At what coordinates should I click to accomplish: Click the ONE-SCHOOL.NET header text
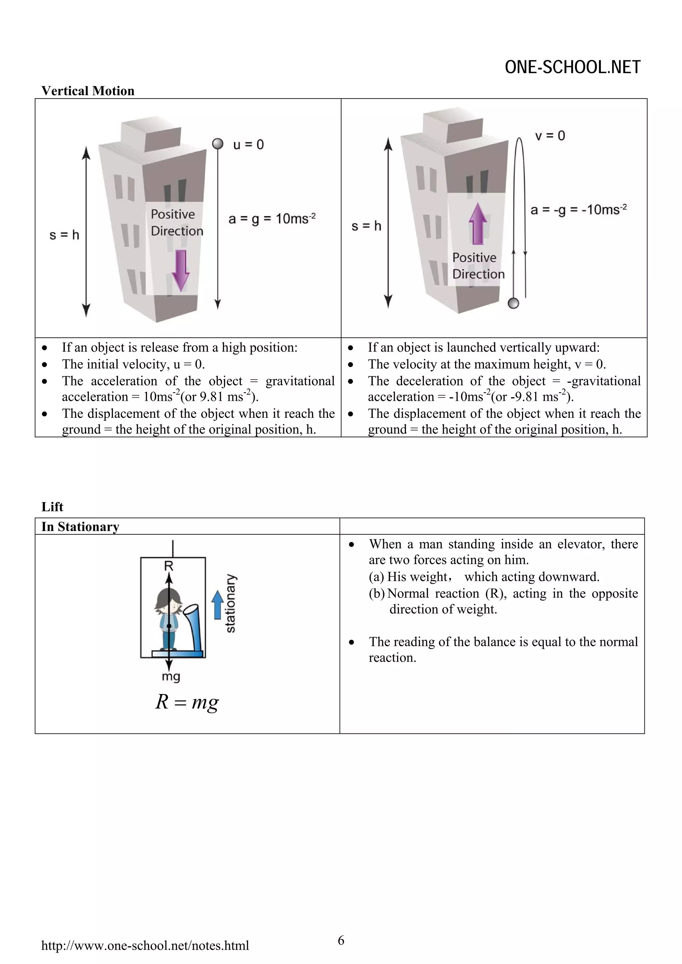pos(572,67)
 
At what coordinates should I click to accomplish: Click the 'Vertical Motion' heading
pos(88,91)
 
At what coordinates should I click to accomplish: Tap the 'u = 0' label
pos(248,145)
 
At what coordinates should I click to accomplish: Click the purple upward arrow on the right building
pos(478,224)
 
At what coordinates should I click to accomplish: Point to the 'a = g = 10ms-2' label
pos(272,219)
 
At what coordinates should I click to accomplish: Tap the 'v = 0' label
pos(550,136)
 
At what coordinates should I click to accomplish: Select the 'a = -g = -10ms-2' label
pos(578,210)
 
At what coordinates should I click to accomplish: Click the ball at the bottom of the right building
pos(513,303)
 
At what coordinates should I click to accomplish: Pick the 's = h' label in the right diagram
pos(366,226)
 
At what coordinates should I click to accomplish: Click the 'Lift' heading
pos(52,507)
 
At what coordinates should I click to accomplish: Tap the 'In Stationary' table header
pos(80,526)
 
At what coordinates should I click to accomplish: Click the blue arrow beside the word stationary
pos(217,605)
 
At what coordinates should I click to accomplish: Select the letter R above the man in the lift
pos(169,566)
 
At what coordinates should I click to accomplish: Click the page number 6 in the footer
pos(341,940)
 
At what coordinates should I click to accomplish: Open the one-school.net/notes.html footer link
pos(145,945)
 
